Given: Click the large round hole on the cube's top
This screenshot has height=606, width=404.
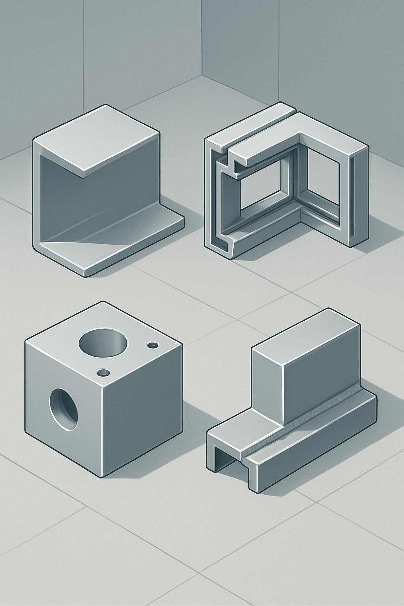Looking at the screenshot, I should (x=103, y=342).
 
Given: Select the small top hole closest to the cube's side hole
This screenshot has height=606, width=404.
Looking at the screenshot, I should (x=103, y=372).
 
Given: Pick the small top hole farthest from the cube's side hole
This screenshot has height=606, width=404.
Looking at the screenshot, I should (x=152, y=346).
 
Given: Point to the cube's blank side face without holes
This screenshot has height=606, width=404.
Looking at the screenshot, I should (x=142, y=410).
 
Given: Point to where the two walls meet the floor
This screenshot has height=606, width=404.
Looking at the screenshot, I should (x=202, y=75).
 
